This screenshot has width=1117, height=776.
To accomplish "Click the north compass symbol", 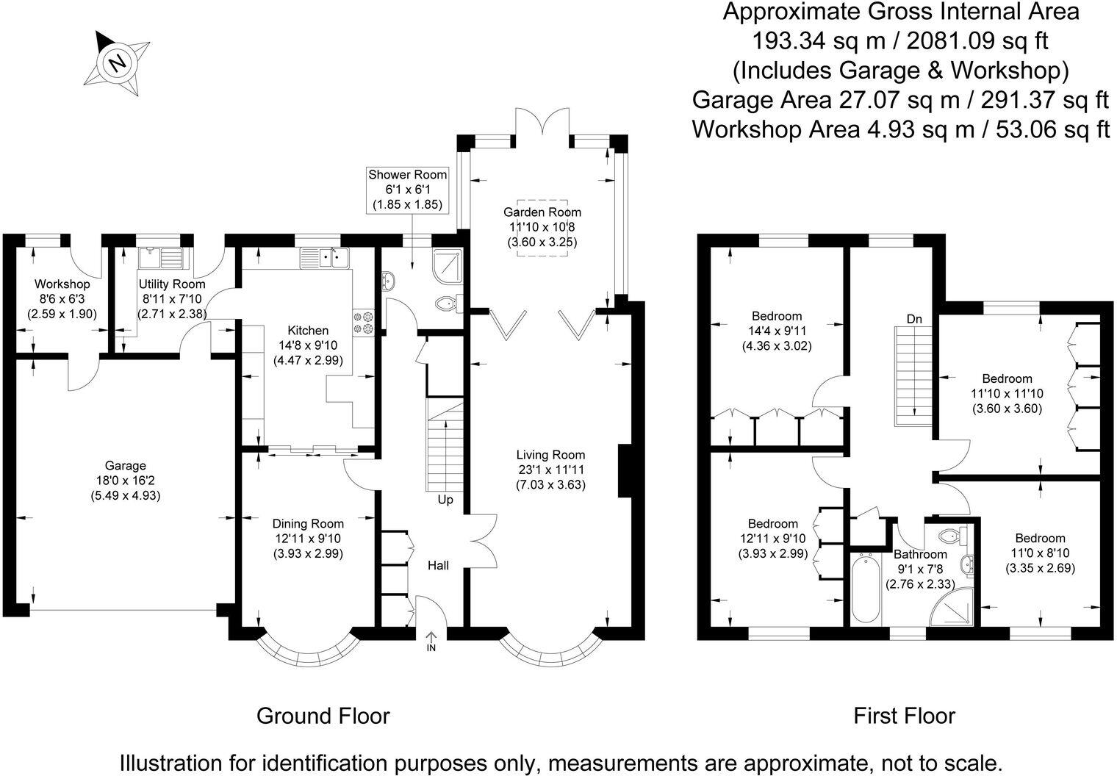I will coord(118,62).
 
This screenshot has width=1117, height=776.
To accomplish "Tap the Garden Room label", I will coord(542,212).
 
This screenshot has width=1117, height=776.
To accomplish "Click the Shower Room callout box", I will coord(407,190).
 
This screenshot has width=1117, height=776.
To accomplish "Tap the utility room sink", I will coord(160,258).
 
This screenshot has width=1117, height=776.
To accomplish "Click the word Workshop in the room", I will coord(62,284).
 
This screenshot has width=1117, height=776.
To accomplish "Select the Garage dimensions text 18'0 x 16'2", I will coord(125,481).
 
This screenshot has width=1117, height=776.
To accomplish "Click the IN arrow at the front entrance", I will coord(431,641).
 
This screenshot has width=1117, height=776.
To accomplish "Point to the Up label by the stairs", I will coord(445,500).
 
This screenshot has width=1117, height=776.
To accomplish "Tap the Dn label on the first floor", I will coord(914,319).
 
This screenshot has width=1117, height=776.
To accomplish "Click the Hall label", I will coord(439,565).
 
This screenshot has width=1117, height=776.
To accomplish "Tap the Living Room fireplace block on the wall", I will coord(625,471).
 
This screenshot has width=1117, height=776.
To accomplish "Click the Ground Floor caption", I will coord(323,716).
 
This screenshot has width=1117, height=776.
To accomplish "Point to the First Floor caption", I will coord(904,716).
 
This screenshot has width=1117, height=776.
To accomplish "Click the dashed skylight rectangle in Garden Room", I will coord(542,228).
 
